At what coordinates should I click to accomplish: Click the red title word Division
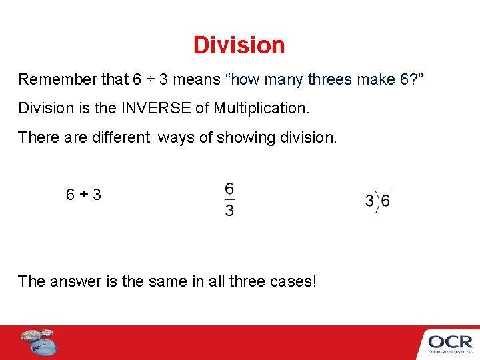[239, 45]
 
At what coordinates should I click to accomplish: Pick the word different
[117, 137]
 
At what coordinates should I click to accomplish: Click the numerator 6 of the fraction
[229, 189]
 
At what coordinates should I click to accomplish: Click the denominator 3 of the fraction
[229, 211]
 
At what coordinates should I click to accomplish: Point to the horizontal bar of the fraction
[229, 199]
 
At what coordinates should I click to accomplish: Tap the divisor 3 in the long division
[369, 201]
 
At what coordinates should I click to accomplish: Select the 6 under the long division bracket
[385, 201]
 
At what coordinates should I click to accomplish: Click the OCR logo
[450, 343]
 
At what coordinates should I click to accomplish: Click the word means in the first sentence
[197, 80]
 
